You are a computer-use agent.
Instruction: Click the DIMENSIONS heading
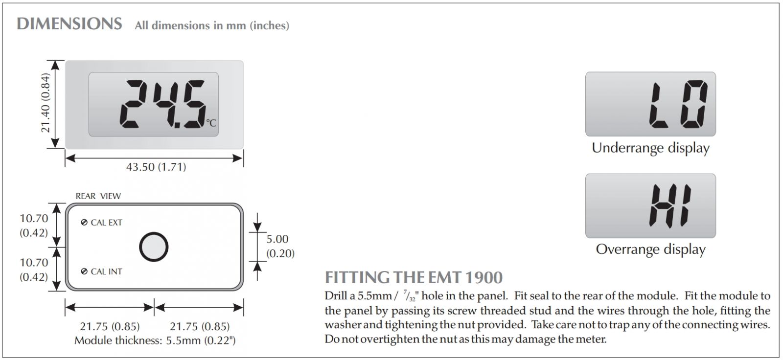(69, 24)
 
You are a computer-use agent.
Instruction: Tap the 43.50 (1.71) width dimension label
(156, 167)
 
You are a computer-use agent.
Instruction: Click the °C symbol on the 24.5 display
(211, 123)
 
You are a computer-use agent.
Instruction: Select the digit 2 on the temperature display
(133, 104)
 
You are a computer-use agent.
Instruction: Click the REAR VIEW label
(98, 196)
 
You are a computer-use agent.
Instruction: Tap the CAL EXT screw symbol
(84, 223)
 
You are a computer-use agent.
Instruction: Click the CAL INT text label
(107, 271)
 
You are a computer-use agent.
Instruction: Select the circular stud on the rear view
(154, 247)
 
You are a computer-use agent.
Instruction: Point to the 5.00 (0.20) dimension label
(280, 246)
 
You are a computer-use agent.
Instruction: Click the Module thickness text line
(155, 340)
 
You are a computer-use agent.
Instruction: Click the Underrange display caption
(650, 148)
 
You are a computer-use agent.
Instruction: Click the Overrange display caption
(650, 249)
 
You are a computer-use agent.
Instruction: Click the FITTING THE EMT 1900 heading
(414, 278)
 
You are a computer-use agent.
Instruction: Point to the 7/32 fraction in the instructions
(409, 296)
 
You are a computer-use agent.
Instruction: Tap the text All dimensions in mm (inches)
(212, 25)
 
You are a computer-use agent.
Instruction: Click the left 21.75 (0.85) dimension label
(110, 326)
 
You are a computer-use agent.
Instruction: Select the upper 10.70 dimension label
(34, 225)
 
